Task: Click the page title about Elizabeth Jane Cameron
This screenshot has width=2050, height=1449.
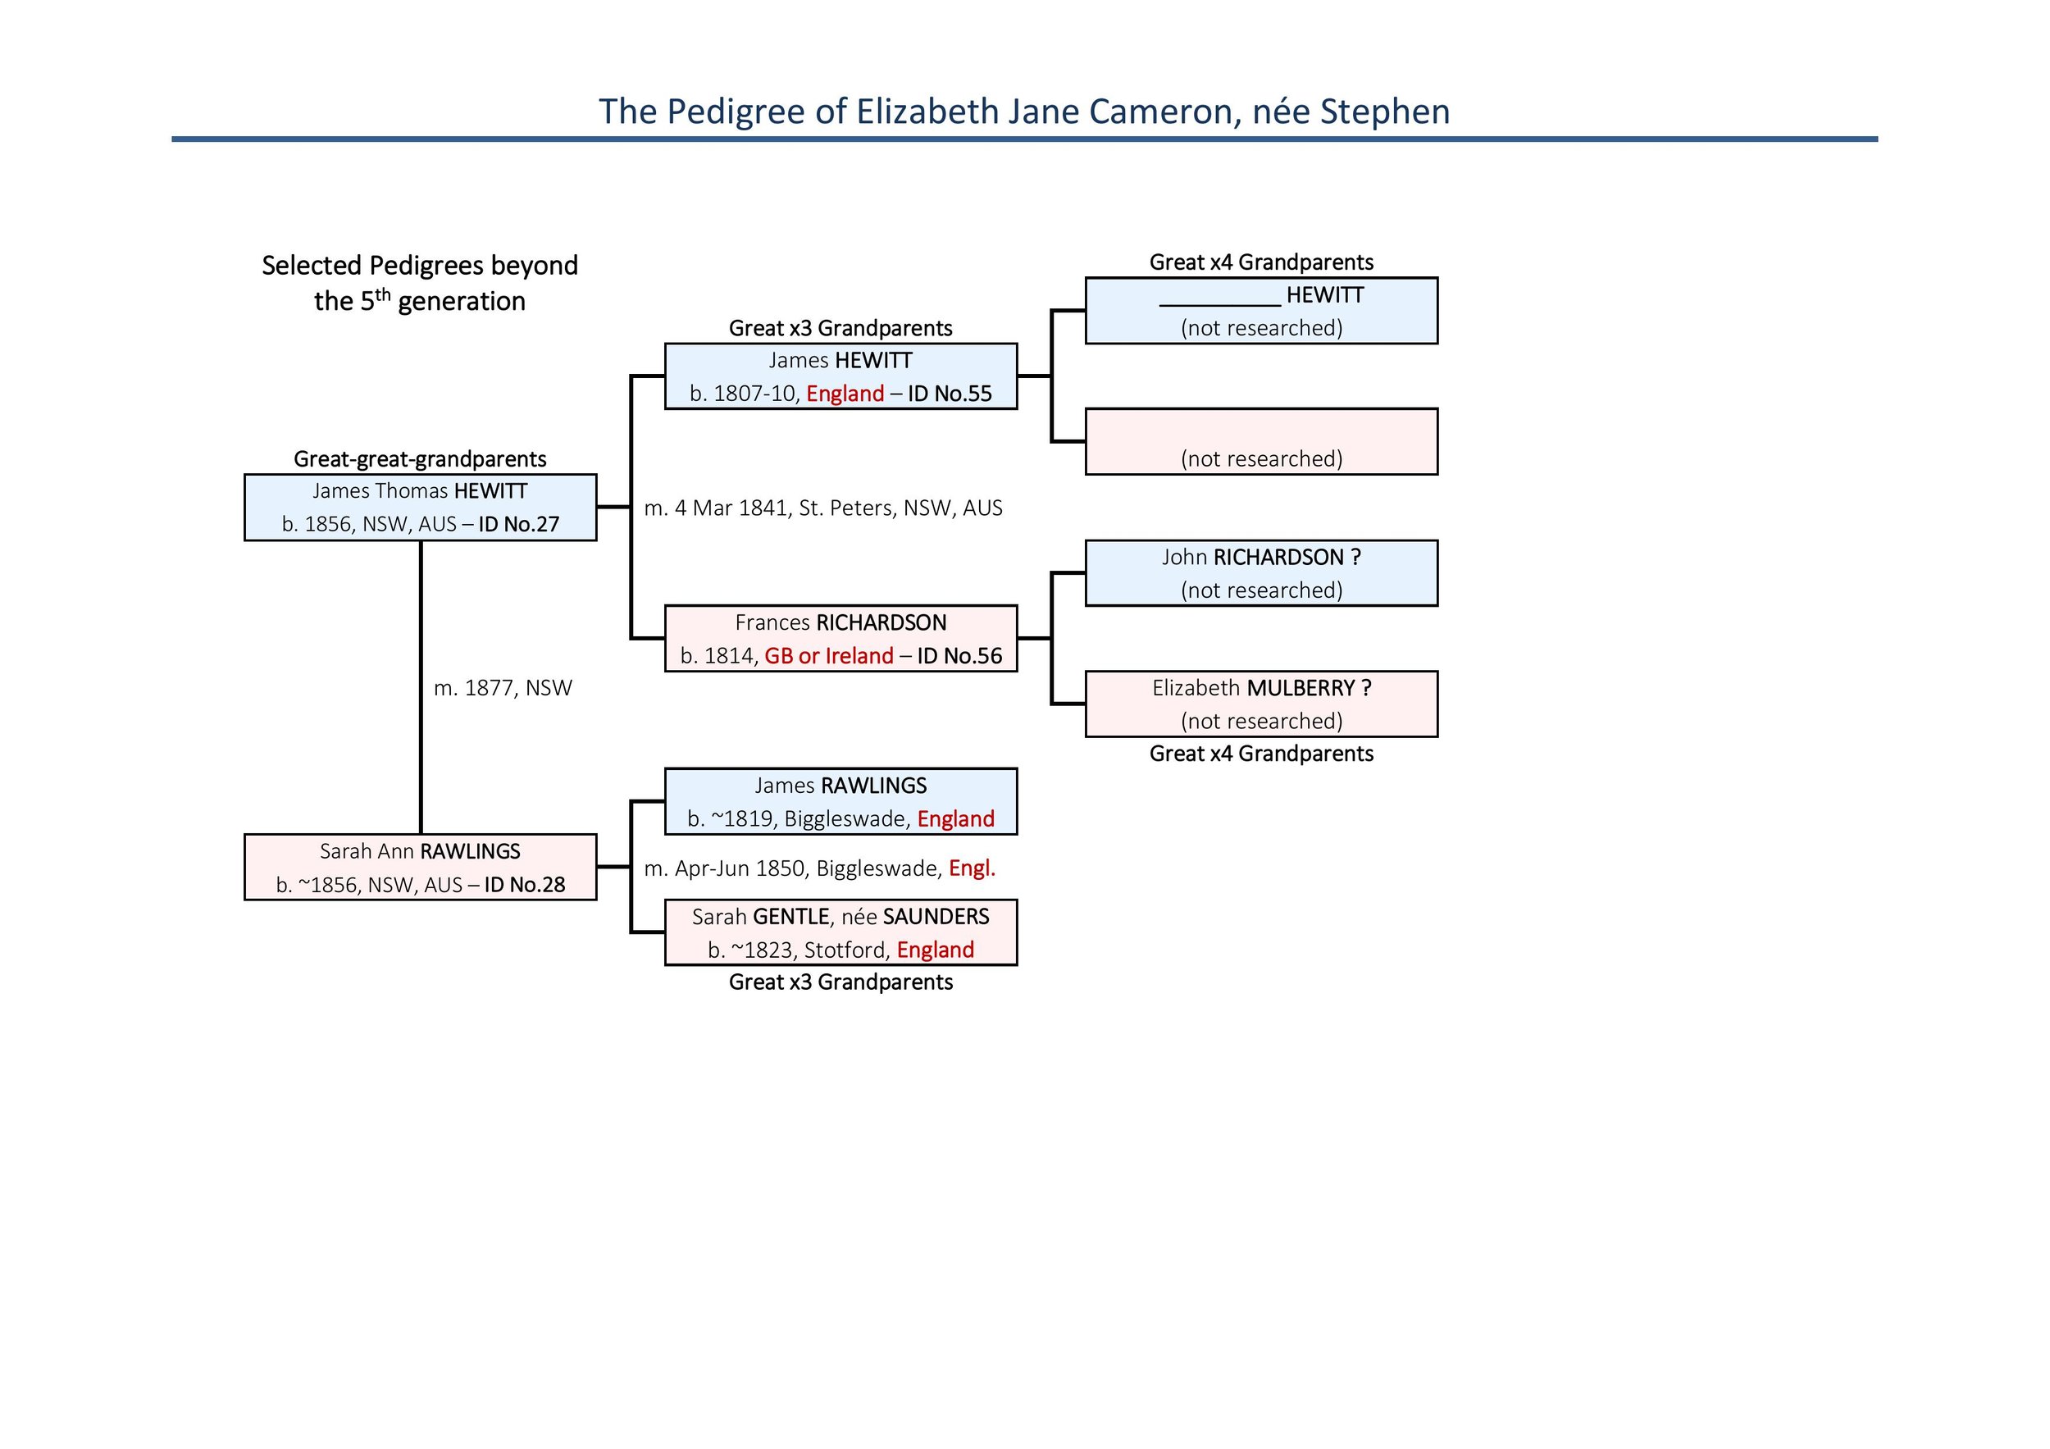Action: pos(1023,112)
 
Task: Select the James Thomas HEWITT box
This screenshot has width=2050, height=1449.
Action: pos(420,507)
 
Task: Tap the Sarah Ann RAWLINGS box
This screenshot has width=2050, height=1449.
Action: pos(420,867)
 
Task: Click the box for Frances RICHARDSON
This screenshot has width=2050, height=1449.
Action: pos(840,638)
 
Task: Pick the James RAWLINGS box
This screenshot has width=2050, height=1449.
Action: pos(840,802)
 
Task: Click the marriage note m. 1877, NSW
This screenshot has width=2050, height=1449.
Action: pos(503,688)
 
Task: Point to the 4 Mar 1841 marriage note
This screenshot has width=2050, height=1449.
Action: pos(822,508)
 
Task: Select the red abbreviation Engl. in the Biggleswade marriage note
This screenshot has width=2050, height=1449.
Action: pos(972,868)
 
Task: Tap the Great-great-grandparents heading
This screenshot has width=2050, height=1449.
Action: pos(420,459)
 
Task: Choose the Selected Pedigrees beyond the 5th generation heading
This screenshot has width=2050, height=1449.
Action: pos(420,283)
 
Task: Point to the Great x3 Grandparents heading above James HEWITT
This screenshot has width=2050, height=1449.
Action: pos(840,328)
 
